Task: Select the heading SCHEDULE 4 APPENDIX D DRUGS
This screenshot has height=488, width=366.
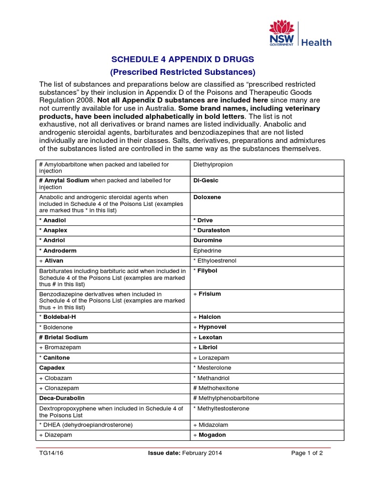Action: pos(183,59)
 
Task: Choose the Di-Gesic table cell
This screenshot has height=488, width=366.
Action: pos(205,181)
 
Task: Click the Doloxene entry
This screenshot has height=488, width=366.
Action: pos(207,197)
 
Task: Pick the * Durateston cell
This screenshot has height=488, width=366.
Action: pos(212,230)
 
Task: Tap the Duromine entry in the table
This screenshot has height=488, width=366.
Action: pos(207,241)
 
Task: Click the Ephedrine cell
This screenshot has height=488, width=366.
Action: pos(207,251)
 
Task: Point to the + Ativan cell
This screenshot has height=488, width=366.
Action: pos(51,261)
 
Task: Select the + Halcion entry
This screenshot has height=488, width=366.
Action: pos(207,317)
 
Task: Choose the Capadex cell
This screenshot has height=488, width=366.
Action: pos(52,368)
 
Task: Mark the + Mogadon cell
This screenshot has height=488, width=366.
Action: pos(209,435)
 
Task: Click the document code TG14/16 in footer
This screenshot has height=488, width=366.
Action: pos(51,453)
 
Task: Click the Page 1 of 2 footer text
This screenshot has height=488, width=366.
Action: pos(307,453)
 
